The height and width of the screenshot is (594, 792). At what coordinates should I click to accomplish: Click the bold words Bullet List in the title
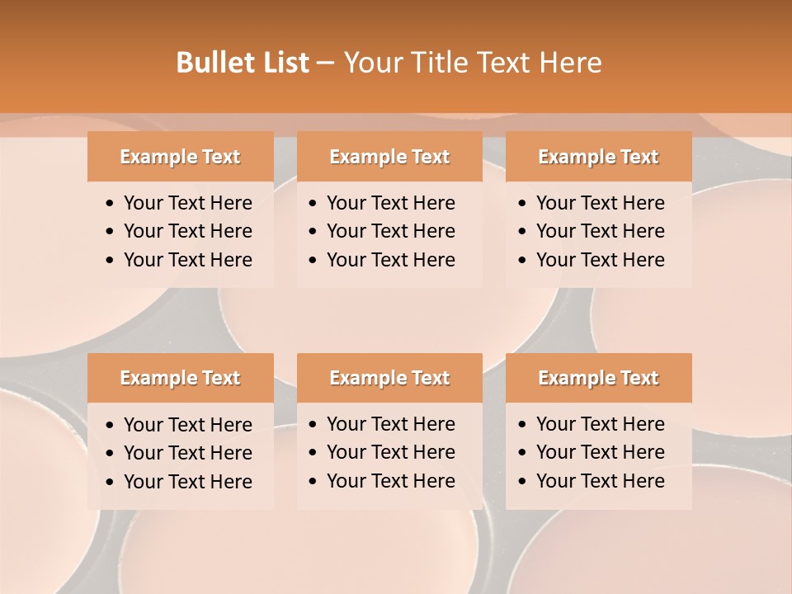tap(243, 63)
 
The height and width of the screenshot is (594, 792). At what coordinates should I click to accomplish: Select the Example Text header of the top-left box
tap(180, 157)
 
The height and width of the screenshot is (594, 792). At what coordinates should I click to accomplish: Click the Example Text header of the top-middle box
tap(389, 157)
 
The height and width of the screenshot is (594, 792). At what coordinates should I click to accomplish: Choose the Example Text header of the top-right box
tap(598, 157)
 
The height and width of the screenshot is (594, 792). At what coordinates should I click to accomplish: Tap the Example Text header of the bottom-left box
tap(180, 378)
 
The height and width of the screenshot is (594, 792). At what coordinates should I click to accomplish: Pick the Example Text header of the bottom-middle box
tap(389, 378)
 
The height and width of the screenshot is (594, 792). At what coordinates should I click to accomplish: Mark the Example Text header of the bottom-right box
tap(598, 378)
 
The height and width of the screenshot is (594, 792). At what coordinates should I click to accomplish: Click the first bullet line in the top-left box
tap(187, 203)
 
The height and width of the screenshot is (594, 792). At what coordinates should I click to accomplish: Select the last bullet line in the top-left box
tap(187, 260)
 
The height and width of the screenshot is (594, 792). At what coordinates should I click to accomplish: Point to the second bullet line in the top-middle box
tap(390, 231)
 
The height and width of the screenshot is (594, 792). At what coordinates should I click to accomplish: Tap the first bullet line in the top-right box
tap(600, 203)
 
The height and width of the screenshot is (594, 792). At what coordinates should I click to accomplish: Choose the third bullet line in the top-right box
tap(600, 260)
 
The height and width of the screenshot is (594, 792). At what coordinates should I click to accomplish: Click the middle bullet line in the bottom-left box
tap(187, 453)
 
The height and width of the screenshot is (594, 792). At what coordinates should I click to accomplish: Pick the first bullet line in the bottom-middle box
tap(390, 424)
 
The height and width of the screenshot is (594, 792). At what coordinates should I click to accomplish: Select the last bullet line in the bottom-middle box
tap(390, 481)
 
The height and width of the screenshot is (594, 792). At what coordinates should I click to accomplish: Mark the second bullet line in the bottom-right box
tap(600, 452)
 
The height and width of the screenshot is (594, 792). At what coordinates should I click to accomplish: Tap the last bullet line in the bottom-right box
tap(600, 481)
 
